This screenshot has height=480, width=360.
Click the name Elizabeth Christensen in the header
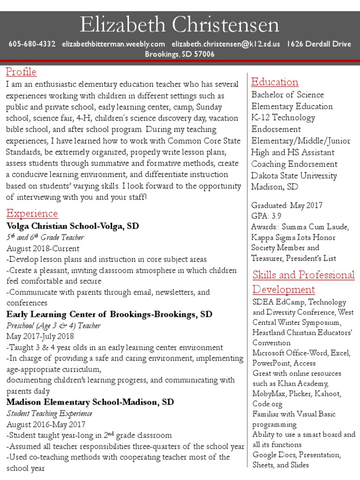coord(180,25)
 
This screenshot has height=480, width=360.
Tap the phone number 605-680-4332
coord(32,44)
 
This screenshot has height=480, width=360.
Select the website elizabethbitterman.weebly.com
coord(113,44)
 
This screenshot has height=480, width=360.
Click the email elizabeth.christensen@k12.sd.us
coord(226,44)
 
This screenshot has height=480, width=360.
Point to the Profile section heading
coord(21,72)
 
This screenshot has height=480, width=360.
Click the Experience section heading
coord(32,214)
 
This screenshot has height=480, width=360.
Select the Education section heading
coord(275,82)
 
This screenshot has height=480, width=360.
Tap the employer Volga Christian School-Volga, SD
coord(73,226)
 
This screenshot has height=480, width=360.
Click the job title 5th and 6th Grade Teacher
coord(45,238)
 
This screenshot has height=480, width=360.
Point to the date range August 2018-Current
coord(43,248)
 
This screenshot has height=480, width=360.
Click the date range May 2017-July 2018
coord(40,336)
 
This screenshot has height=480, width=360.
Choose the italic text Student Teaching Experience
coord(49,413)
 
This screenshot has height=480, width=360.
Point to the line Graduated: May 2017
coord(287,205)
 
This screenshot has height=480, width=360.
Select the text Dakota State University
coord(294,176)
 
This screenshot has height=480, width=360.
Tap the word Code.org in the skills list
coord(268,404)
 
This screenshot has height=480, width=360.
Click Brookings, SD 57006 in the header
coord(180,54)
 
